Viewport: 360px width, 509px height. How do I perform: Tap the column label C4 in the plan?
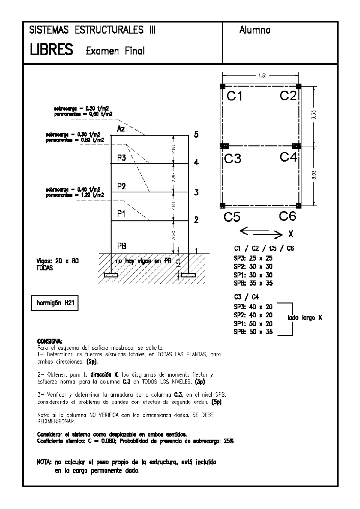288,157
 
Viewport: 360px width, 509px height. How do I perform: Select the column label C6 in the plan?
287,216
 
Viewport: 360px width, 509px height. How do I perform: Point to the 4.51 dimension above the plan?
262,76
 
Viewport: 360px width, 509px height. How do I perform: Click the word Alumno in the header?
255,30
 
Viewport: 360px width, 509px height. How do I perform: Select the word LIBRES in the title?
51,50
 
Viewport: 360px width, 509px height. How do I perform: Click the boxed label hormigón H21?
55,303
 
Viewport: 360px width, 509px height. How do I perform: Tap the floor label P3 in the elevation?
121,158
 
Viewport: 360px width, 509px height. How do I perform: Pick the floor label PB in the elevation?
121,246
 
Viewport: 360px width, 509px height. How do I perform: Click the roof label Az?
121,129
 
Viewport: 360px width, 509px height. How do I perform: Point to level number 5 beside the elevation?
196,135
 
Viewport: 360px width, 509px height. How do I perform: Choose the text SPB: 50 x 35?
253,332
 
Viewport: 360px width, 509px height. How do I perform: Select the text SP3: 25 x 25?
253,258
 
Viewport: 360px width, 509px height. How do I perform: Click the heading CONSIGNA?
49,341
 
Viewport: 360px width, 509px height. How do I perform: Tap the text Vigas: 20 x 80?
58,261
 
